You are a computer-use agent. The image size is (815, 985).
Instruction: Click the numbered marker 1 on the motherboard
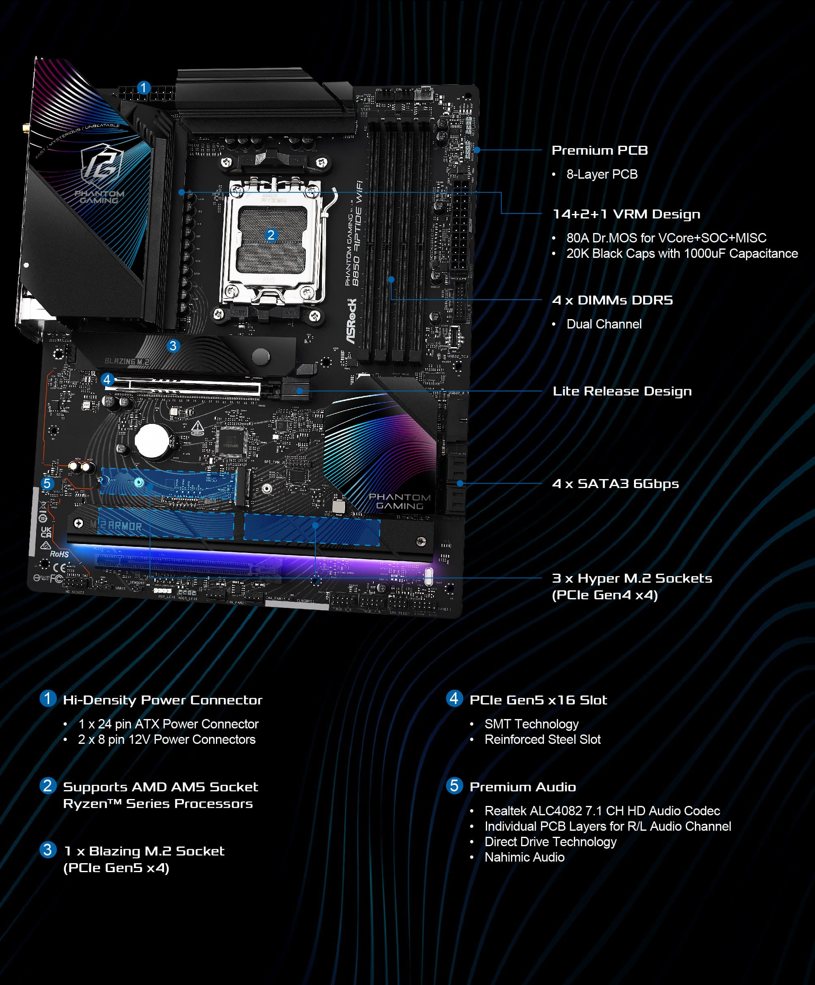click(x=144, y=88)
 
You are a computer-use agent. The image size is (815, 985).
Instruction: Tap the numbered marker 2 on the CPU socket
click(x=271, y=235)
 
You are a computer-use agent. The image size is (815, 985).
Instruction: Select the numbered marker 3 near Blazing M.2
click(x=173, y=346)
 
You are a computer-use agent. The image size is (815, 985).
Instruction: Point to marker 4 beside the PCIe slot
click(x=107, y=379)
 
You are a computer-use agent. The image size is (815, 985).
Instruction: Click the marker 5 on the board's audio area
click(x=47, y=483)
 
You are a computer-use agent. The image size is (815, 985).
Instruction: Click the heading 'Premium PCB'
click(x=599, y=150)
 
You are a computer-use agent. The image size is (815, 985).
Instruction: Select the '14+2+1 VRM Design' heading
click(x=626, y=214)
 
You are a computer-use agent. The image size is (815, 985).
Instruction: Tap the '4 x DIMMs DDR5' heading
click(x=612, y=300)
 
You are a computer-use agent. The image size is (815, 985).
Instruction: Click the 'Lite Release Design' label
click(x=622, y=391)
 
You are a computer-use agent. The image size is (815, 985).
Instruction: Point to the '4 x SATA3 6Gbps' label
click(x=615, y=484)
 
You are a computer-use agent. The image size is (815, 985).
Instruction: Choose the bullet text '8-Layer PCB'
click(x=602, y=175)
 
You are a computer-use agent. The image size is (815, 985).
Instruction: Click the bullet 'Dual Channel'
click(x=604, y=324)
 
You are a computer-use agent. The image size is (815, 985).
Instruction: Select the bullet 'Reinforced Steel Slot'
click(x=542, y=739)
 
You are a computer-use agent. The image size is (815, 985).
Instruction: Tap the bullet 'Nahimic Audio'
click(x=524, y=857)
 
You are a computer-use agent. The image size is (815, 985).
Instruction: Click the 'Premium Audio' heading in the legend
click(x=522, y=786)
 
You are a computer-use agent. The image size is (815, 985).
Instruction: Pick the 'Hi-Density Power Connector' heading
click(x=162, y=700)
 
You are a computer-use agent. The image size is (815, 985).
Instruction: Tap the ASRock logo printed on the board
click(x=352, y=321)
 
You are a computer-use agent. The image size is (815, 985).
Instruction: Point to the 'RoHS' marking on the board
click(x=60, y=554)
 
